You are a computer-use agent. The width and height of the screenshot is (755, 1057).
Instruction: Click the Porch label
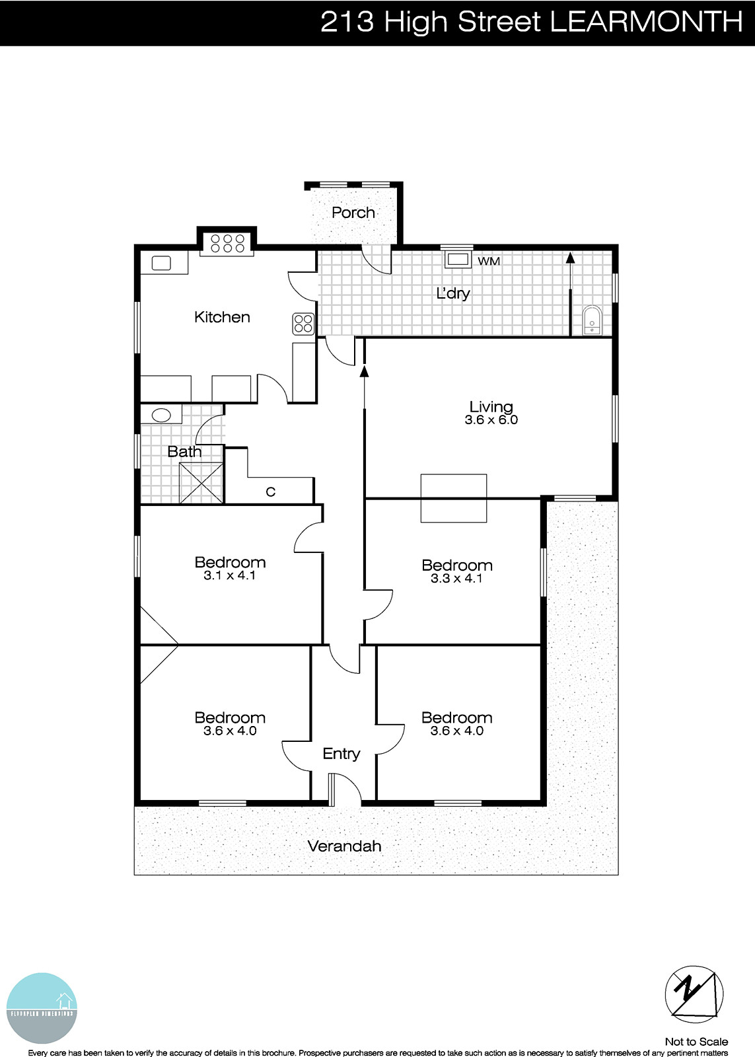[x=353, y=213]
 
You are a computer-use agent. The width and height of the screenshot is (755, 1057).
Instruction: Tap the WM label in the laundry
[x=489, y=261]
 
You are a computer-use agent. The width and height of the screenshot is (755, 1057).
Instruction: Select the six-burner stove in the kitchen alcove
[x=227, y=243]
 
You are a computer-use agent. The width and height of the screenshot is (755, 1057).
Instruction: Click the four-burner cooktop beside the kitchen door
[x=303, y=323]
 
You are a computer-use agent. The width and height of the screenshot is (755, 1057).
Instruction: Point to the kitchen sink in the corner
[x=161, y=263]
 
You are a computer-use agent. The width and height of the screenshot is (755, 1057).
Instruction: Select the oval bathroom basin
[x=161, y=416]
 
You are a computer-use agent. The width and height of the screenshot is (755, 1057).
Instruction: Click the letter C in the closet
[x=270, y=492]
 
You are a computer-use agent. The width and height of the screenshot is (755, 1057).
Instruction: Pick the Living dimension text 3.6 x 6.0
[x=491, y=420]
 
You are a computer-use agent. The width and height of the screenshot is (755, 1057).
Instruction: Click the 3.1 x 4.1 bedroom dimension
[x=230, y=575]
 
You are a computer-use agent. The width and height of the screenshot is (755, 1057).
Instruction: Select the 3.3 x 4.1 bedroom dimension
[x=456, y=579]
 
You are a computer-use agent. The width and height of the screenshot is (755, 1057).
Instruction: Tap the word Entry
[x=341, y=754]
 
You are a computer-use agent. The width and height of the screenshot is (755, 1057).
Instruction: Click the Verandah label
[x=344, y=846]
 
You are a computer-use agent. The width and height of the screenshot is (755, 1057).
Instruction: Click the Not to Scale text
[x=696, y=1042]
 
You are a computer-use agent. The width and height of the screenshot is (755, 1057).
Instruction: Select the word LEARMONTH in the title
[x=646, y=22]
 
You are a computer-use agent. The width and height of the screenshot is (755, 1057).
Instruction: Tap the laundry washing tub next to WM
[x=457, y=258]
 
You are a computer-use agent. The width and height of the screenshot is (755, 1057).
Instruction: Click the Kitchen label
[x=222, y=317]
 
